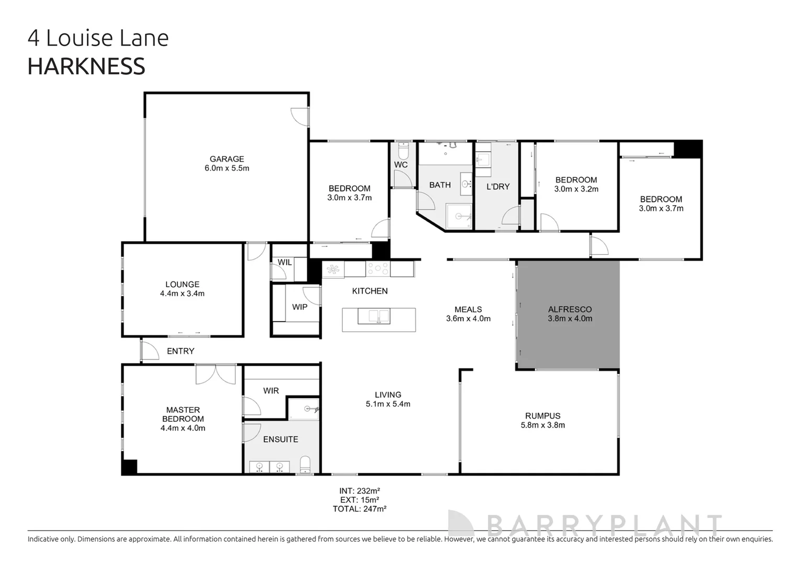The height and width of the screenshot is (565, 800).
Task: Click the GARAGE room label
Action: [227, 159]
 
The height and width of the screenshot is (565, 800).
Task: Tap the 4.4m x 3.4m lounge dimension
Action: [182, 293]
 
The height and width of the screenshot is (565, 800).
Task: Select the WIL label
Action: [285, 262]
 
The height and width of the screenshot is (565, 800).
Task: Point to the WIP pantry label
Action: [299, 307]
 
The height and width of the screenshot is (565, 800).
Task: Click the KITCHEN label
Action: [370, 291]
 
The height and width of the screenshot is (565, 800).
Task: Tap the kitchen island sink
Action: [379, 316]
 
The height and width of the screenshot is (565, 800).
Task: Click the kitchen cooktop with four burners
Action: [377, 269]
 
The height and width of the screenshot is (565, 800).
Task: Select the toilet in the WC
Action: [403, 152]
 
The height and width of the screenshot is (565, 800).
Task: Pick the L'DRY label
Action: [497, 186]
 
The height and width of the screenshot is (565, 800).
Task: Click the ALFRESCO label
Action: [570, 309]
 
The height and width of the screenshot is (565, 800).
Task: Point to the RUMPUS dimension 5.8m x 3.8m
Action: [542, 425]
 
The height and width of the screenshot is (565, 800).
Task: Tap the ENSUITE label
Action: [281, 439]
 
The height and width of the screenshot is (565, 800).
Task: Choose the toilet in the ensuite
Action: [305, 464]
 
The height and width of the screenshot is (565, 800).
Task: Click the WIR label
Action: [271, 391]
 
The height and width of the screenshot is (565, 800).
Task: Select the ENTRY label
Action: [181, 351]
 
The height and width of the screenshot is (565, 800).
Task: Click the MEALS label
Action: [468, 309]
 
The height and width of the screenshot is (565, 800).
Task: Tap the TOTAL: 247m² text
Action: [359, 508]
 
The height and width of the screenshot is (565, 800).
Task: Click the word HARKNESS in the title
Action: [86, 66]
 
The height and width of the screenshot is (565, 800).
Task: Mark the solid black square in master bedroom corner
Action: [129, 467]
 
